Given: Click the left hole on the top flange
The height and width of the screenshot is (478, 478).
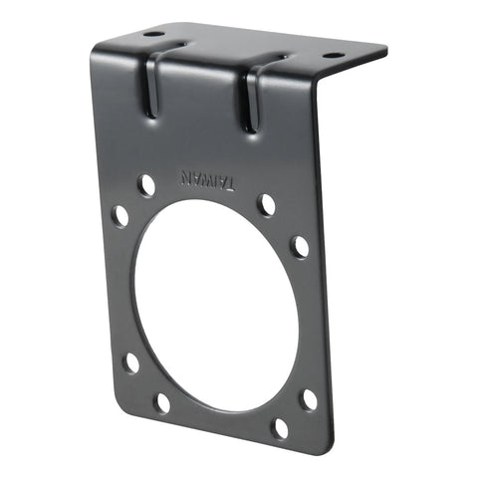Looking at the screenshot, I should click(x=152, y=35).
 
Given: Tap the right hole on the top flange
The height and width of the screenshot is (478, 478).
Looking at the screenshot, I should click(x=333, y=56).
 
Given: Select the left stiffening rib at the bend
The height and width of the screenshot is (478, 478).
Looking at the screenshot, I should click(x=150, y=85).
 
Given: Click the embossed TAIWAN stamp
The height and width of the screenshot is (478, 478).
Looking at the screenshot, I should click(x=207, y=179).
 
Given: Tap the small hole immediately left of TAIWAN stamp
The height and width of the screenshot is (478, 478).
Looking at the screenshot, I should click(x=146, y=184).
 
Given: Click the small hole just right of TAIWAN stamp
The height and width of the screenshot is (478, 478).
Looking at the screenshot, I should click(x=267, y=204).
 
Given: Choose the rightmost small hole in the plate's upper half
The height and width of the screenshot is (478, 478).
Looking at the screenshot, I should click(x=299, y=246).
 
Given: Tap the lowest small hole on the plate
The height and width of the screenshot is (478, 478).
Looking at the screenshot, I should click(x=280, y=429).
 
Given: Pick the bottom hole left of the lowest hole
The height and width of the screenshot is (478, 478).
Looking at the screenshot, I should click(x=162, y=402).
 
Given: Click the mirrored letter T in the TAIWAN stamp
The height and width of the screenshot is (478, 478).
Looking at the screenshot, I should click(x=230, y=182).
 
